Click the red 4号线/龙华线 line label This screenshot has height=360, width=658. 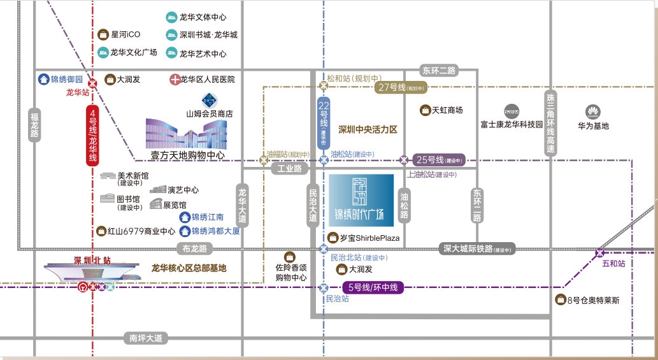[92, 135]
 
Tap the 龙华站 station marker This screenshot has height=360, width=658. [92, 82]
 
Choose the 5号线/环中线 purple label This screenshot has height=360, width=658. [374, 287]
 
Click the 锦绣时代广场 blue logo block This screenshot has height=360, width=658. [361, 200]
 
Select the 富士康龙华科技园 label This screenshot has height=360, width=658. [511, 126]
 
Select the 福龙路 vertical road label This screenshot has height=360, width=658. [34, 125]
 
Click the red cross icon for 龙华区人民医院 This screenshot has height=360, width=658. [175, 80]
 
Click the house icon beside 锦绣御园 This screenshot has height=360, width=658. [43, 80]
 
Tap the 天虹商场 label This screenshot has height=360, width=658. [447, 110]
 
